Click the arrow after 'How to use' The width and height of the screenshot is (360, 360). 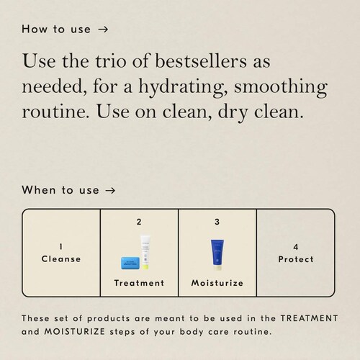point(103,30)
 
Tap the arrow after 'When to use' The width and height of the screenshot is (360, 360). point(110,191)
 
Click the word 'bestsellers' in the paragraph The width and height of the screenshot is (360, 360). point(201,61)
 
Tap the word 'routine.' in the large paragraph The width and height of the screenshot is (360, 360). point(55,112)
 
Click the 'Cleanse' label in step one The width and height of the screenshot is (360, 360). point(61,259)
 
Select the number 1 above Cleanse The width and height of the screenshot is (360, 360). point(61,247)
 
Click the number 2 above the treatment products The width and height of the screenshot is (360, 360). point(139,222)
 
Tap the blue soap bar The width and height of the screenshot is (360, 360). point(130,263)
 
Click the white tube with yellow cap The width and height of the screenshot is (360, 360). point(145,252)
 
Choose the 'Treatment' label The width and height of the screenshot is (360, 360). point(139,283)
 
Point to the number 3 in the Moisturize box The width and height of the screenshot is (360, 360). point(217,222)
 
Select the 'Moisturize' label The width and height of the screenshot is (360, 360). point(217,283)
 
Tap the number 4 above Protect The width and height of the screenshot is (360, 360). point(296,247)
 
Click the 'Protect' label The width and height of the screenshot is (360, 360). point(296,259)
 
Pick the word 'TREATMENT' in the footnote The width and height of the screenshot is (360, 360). point(309,318)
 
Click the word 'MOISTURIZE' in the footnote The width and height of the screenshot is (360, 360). point(75,332)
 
